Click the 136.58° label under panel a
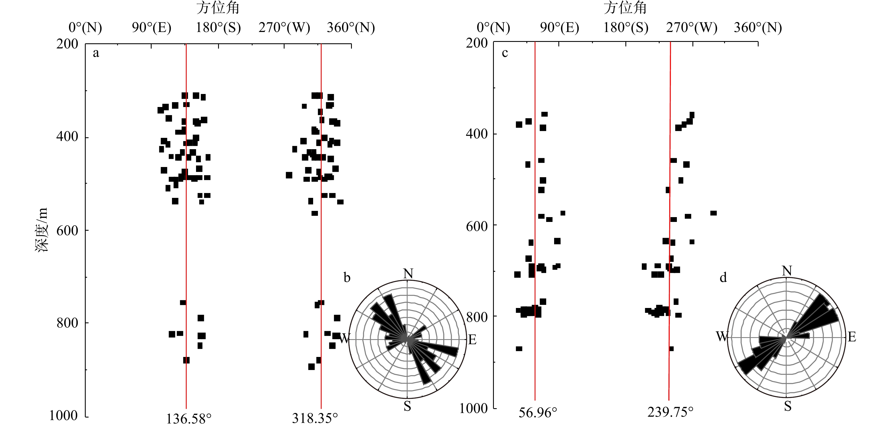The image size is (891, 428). (x=188, y=419)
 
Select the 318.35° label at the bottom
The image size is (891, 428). (x=315, y=418)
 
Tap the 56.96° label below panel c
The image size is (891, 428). (x=538, y=412)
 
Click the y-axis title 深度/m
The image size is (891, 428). (x=42, y=230)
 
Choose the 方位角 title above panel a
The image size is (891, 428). (x=218, y=8)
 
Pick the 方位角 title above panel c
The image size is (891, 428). (x=625, y=8)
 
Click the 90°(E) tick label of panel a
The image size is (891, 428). (x=152, y=27)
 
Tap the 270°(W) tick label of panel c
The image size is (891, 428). (x=692, y=27)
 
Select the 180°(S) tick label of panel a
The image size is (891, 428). (x=218, y=27)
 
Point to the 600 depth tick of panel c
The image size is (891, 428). (x=477, y=226)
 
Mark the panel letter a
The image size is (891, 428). (x=96, y=53)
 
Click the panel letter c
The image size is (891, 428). (x=505, y=53)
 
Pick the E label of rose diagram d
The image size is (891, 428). (x=852, y=337)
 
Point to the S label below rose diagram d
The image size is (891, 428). (x=787, y=406)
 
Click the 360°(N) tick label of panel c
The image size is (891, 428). (x=758, y=27)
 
